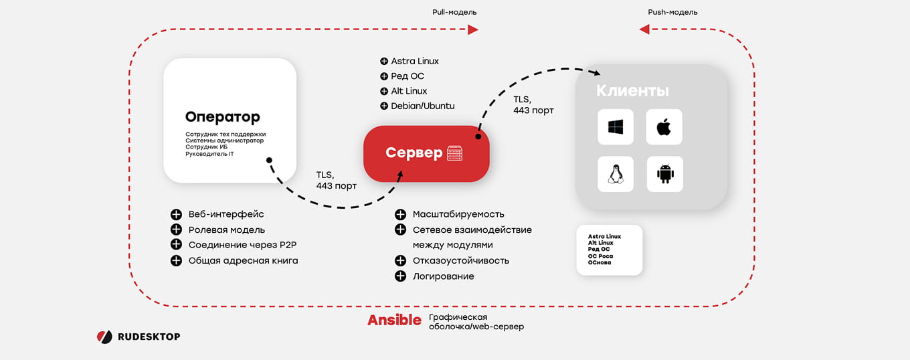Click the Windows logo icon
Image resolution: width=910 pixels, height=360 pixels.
[616, 127]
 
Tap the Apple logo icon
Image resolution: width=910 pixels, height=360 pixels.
[664, 127]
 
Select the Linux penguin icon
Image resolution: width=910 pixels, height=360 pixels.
[616, 174]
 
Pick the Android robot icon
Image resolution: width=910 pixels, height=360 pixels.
[665, 174]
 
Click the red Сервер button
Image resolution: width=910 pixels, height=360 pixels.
[426, 154]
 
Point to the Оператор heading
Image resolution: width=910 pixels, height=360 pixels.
[223, 117]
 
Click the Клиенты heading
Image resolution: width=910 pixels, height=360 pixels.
[632, 90]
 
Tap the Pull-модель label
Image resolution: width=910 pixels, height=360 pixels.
[454, 12]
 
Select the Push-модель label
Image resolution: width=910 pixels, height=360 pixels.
[672, 12]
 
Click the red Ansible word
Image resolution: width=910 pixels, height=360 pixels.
[394, 320]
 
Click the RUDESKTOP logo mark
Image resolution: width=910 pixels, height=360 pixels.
[104, 337]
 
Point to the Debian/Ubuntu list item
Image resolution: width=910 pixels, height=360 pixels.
[422, 106]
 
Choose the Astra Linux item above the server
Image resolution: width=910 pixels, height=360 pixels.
[415, 62]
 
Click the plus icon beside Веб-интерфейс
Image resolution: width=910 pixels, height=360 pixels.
[176, 214]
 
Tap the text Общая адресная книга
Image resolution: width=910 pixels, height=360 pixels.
[243, 261]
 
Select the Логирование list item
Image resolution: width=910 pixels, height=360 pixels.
[443, 276]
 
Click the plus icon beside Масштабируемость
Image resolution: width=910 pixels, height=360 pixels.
[400, 214]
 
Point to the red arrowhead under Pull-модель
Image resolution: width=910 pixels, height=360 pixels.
[473, 29]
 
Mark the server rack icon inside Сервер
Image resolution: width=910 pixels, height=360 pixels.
[454, 153]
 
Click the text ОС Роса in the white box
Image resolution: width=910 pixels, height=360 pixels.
[600, 256]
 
